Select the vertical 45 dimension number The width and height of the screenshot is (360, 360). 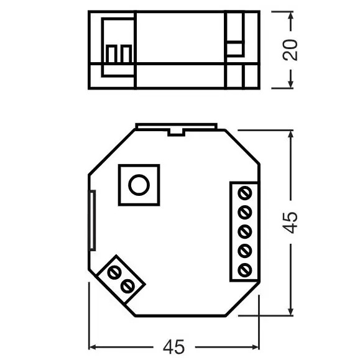pos(291,222)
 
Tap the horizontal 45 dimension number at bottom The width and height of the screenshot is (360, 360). pos(174,346)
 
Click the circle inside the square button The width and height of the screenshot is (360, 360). pos(138,185)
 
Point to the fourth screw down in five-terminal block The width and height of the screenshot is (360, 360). pos(244,250)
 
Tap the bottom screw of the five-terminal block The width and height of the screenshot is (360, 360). pos(244,270)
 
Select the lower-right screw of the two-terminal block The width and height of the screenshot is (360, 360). pos(129,286)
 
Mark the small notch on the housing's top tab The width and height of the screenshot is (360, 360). pos(176,131)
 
